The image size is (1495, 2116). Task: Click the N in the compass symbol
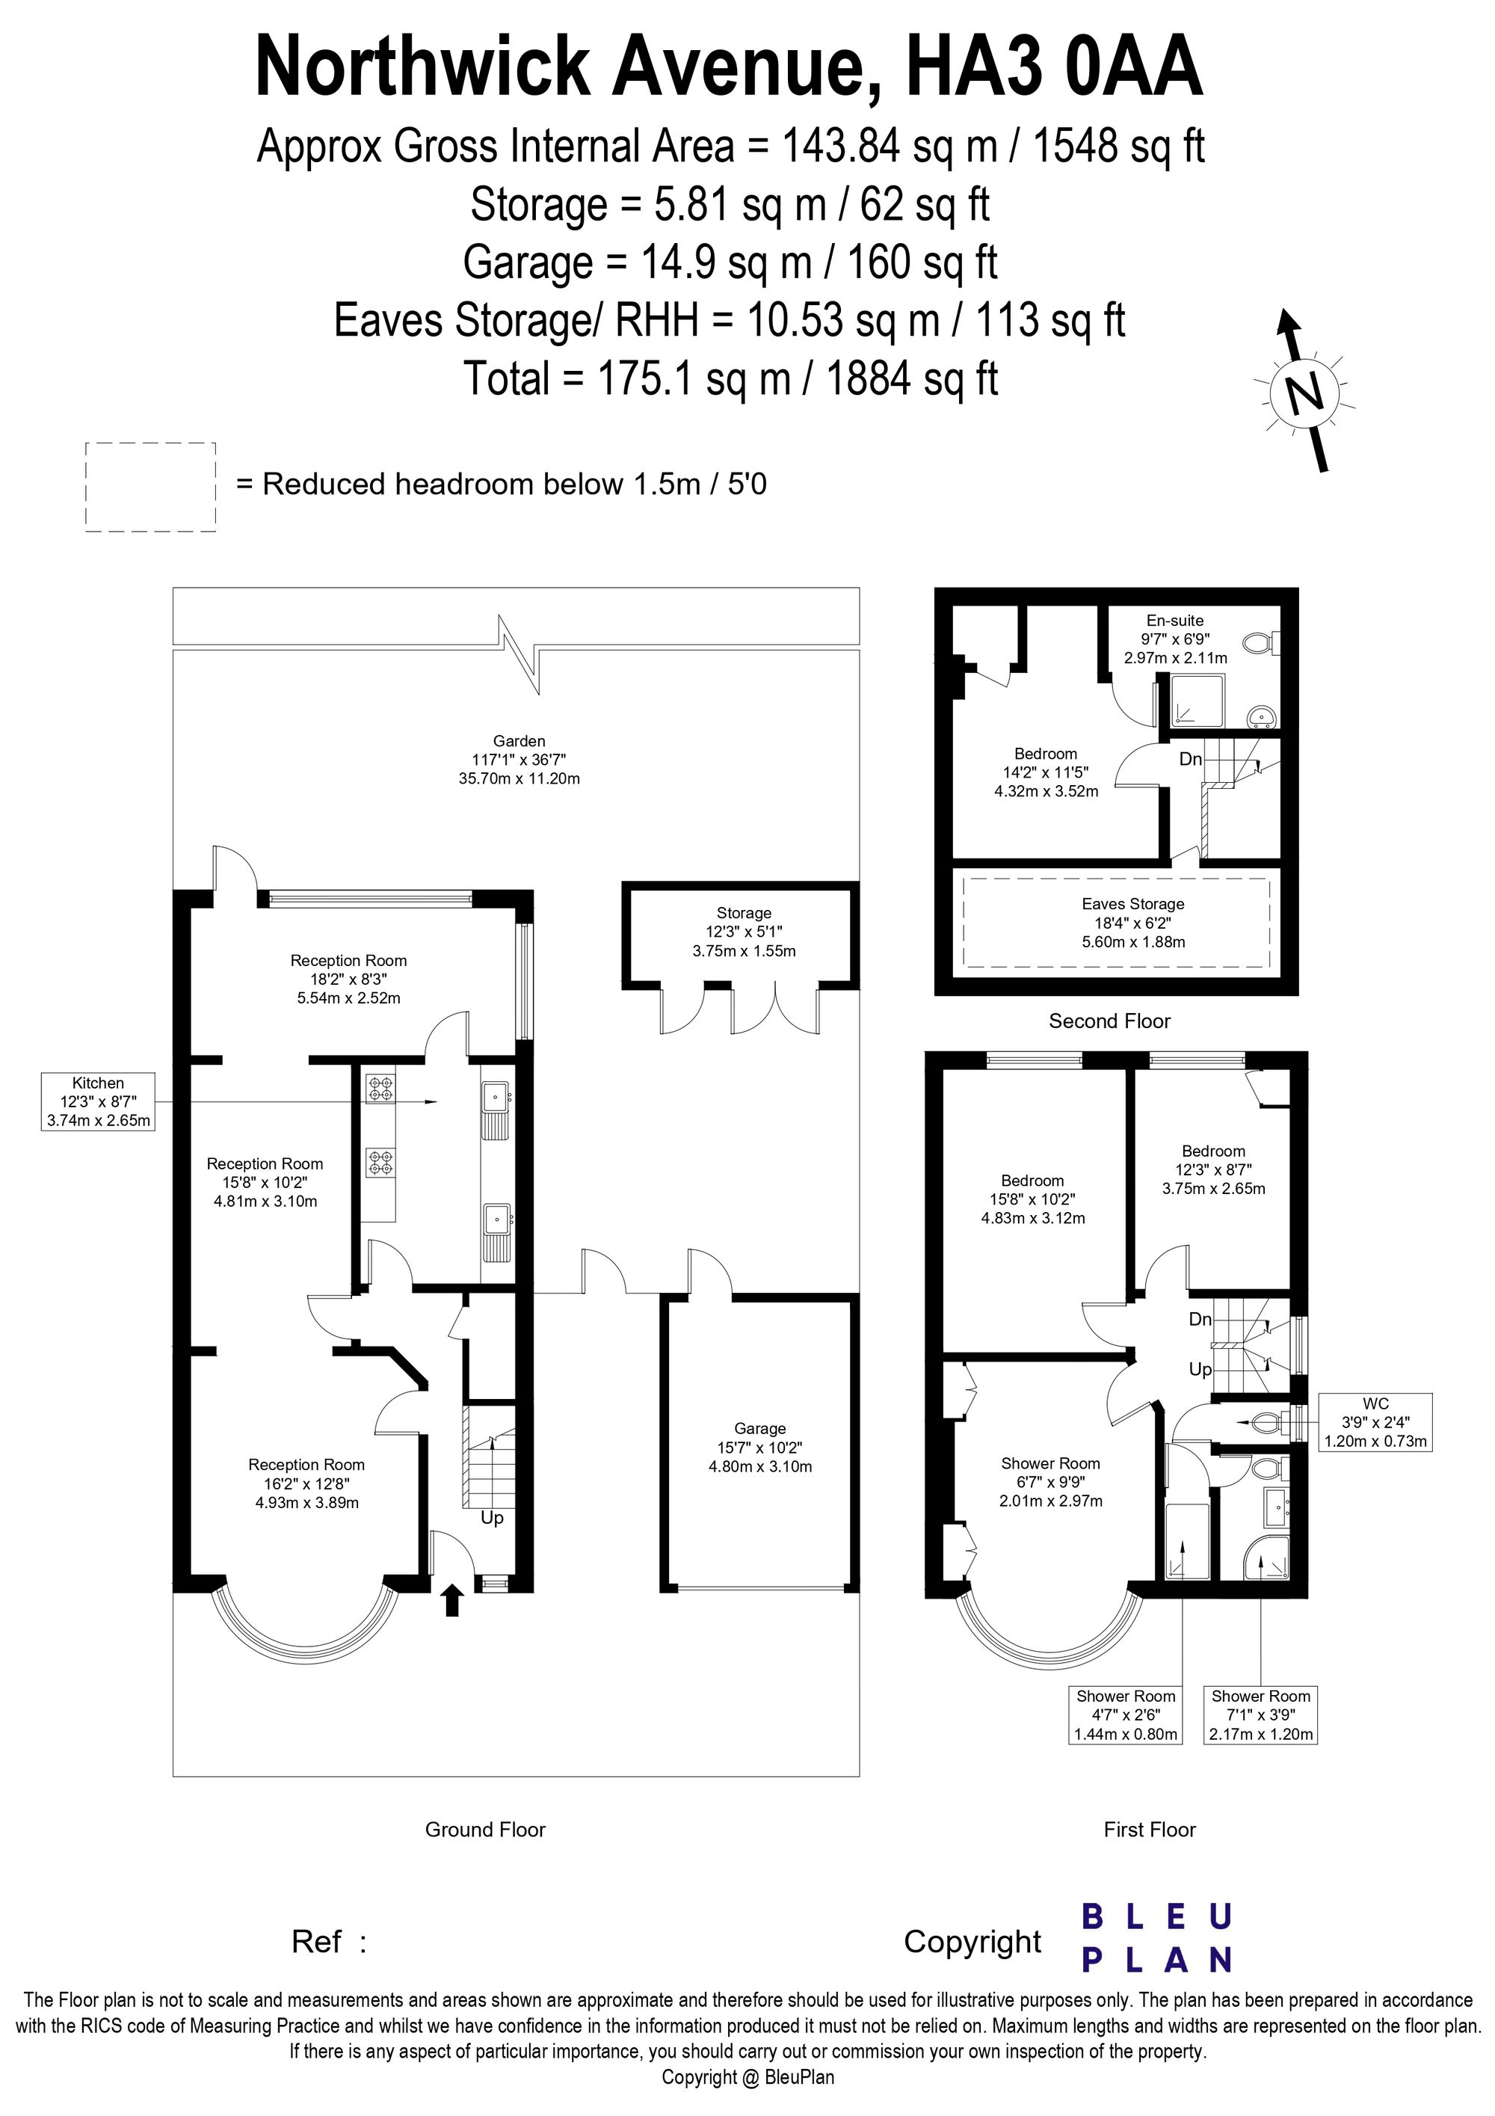(x=1302, y=395)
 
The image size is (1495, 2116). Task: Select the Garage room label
(x=760, y=1427)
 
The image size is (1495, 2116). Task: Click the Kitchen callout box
(x=98, y=1101)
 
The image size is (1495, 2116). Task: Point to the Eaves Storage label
(x=1133, y=904)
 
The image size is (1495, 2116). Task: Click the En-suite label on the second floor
(x=1174, y=621)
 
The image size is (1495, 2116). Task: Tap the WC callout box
(x=1375, y=1422)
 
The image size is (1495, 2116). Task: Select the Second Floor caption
(x=1109, y=1021)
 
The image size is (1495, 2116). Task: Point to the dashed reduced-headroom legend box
(x=151, y=487)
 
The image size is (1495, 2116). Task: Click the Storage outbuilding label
(x=745, y=912)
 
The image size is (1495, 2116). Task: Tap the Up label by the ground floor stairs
(x=492, y=1518)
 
